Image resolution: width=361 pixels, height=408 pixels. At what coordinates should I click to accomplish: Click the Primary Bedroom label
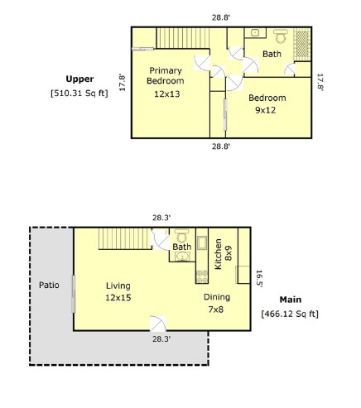click(x=166, y=75)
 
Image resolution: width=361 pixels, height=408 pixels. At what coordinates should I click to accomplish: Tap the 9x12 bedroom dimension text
click(x=266, y=110)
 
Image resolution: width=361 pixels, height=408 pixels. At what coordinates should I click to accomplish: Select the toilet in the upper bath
click(x=281, y=36)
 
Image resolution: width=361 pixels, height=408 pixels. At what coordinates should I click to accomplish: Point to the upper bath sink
click(x=255, y=33)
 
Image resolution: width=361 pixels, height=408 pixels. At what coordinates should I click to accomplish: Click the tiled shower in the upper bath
click(x=302, y=44)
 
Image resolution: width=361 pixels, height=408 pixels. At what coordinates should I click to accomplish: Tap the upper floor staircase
click(x=183, y=38)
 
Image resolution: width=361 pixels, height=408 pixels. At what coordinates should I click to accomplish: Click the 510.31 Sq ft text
click(x=79, y=93)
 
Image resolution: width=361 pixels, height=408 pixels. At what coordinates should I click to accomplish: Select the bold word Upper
click(x=79, y=79)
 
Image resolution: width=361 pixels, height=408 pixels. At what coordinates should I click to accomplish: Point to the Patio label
click(x=49, y=285)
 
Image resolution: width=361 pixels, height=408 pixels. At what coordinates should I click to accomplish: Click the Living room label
click(x=118, y=286)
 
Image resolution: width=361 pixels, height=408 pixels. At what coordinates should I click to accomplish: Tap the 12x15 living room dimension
click(x=118, y=298)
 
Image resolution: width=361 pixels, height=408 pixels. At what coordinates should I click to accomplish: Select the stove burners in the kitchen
click(x=202, y=276)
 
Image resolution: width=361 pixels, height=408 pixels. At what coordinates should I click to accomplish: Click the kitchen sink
click(x=202, y=242)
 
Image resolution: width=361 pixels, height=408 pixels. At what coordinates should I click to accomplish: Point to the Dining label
click(x=217, y=297)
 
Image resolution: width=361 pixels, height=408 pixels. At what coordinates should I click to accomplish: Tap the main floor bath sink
click(x=182, y=257)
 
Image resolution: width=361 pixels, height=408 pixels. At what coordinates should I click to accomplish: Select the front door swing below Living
click(x=157, y=324)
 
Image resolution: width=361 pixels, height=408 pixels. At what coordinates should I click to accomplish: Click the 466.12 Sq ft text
click(x=290, y=314)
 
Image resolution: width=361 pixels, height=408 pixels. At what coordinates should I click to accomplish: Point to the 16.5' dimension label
click(x=259, y=279)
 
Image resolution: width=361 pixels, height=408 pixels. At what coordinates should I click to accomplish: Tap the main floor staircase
click(x=125, y=239)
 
